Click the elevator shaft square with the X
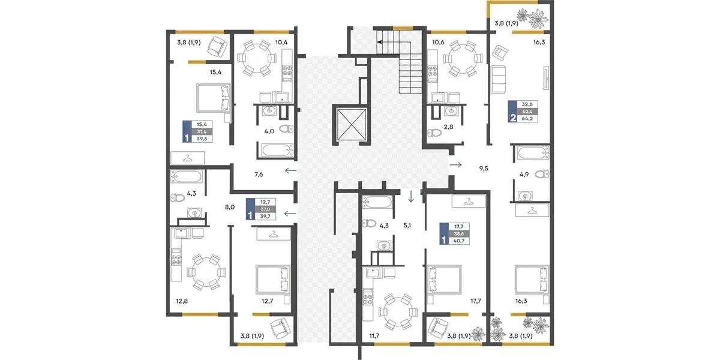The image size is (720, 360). click(x=352, y=124)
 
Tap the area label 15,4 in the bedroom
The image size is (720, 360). click(x=215, y=72)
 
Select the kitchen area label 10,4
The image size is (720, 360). click(x=281, y=42)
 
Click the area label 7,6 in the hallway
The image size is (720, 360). click(x=259, y=175)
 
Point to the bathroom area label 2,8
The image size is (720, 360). click(x=448, y=127)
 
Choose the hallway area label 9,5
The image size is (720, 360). click(x=484, y=169)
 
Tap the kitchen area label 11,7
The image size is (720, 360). click(x=374, y=336)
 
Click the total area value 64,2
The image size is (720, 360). click(x=527, y=119)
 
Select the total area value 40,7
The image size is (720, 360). click(x=458, y=241)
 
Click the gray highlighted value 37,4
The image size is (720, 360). click(x=202, y=131)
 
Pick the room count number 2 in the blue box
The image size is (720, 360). click(x=512, y=118)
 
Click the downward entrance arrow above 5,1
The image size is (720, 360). click(x=411, y=196)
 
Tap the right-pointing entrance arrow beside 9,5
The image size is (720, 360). click(x=456, y=165)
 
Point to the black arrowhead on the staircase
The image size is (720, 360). click(x=379, y=42)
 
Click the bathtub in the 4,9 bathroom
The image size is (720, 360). click(x=533, y=153)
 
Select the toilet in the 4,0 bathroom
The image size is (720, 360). click(x=286, y=129)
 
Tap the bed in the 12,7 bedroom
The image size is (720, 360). click(x=273, y=280)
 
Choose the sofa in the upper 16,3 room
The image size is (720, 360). click(x=498, y=79)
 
